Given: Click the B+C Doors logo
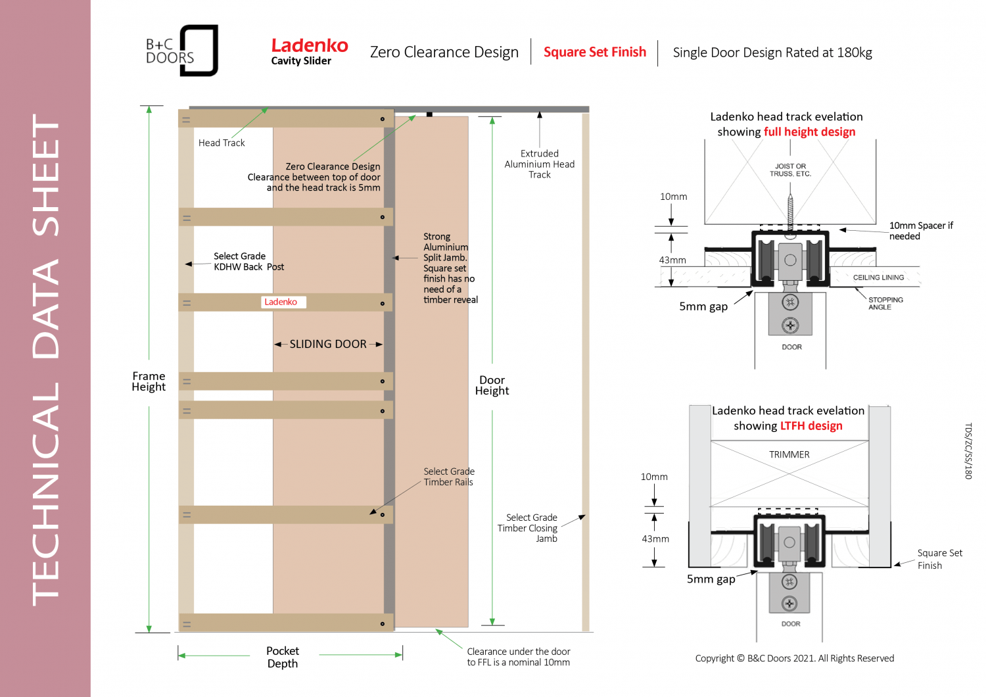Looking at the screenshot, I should click(181, 51).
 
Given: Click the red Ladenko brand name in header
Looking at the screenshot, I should click(310, 45).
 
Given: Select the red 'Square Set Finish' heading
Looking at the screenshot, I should click(594, 52).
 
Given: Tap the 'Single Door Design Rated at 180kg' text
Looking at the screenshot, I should click(772, 53).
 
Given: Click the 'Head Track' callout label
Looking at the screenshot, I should click(222, 143).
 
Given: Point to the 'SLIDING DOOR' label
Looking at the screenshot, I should click(328, 344).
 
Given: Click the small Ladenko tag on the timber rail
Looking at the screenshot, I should click(281, 302).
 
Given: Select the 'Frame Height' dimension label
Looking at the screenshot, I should click(149, 381).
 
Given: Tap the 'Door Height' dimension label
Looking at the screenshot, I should click(492, 385).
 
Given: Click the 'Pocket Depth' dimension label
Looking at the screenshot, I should click(283, 657).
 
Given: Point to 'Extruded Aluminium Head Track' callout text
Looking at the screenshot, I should click(539, 164).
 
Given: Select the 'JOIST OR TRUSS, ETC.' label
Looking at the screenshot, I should click(790, 170).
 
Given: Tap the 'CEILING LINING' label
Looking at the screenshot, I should click(878, 277).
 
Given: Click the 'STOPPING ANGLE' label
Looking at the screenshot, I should click(885, 303).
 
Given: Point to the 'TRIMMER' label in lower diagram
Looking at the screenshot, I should click(789, 454).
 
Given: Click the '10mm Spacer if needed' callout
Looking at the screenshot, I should click(920, 231).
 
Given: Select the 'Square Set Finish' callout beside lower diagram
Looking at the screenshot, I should click(939, 559).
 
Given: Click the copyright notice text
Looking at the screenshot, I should click(794, 658).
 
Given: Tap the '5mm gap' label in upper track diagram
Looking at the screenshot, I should click(703, 306).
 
